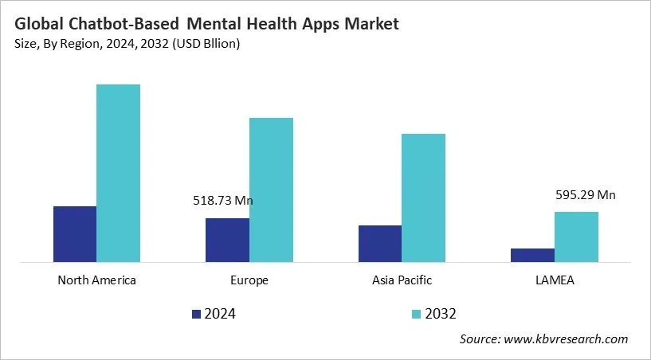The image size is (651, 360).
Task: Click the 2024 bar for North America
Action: point(75,233)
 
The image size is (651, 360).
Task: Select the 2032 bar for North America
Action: point(118,173)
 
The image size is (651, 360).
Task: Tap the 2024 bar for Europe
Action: point(227,240)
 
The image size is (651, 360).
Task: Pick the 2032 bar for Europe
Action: point(271,190)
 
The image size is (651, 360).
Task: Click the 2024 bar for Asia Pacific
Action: point(380,243)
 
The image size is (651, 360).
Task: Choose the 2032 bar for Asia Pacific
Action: point(423,198)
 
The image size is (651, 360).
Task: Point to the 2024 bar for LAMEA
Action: point(532,255)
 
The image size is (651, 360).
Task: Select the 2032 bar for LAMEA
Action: point(576,237)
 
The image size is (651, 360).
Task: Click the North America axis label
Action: point(96,280)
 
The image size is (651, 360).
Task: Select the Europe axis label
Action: point(249,280)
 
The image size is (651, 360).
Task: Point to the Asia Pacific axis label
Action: point(402,280)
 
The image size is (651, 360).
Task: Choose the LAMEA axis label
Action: point(555,280)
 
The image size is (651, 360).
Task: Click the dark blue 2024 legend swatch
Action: point(197,314)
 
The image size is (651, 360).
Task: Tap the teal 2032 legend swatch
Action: point(417,314)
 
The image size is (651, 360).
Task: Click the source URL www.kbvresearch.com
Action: point(567,339)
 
